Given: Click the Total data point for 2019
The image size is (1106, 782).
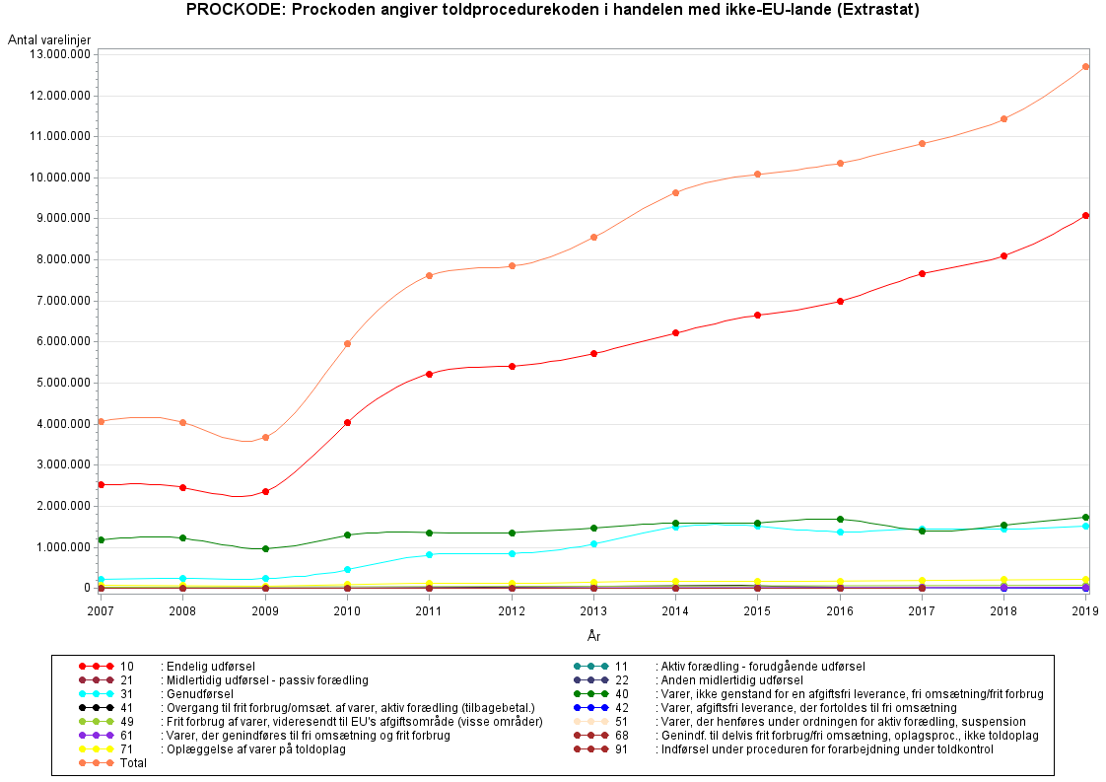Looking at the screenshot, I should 1085,67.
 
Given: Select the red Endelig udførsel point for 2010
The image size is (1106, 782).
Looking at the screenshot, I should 347,423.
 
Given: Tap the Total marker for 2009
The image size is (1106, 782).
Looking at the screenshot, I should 265,437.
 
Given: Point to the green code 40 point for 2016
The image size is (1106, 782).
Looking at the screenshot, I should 840,519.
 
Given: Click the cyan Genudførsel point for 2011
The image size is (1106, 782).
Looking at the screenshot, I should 429,554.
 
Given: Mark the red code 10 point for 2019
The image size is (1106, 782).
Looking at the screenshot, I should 1085,215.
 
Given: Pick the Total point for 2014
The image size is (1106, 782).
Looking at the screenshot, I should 675,192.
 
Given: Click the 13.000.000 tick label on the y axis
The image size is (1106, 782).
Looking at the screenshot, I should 60,54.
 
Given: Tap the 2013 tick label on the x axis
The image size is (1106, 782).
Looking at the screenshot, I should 593,611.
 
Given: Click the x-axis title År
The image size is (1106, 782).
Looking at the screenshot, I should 593,636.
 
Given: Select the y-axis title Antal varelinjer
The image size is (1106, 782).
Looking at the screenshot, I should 49,38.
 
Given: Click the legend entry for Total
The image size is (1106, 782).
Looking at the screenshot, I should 132,763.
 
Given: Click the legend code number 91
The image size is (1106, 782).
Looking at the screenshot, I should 620,749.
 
